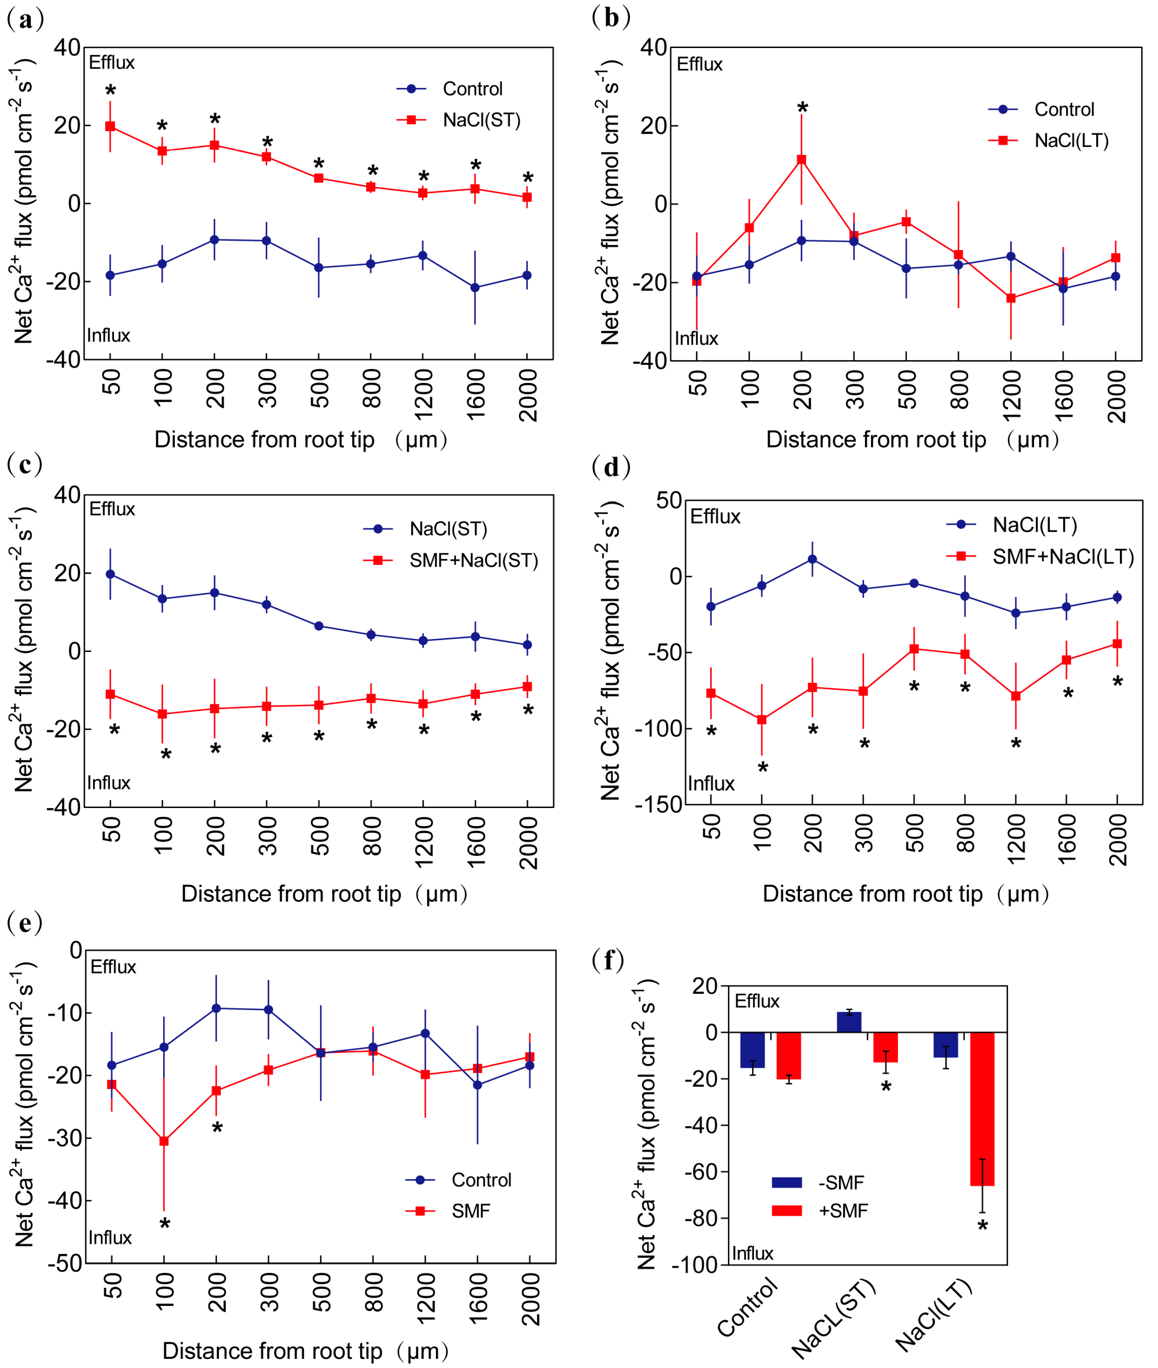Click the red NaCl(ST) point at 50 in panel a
[110, 126]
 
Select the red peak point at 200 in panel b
[801, 160]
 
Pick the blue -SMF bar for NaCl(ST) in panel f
[849, 1022]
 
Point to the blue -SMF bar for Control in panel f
[752, 1049]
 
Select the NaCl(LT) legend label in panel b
[1071, 141]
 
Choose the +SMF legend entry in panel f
[843, 1211]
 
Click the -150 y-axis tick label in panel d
[658, 805]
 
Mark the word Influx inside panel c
[109, 783]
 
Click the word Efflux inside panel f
[757, 1001]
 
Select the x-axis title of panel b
[913, 439]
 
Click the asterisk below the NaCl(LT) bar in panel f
[982, 1226]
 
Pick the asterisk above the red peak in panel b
[802, 107]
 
